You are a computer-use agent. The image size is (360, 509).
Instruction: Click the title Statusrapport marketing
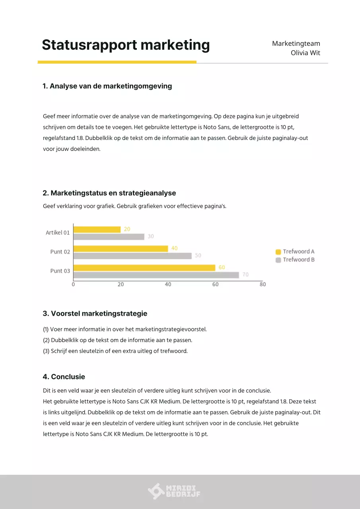[x=126, y=45]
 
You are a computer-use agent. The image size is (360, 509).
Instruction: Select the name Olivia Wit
[x=305, y=53]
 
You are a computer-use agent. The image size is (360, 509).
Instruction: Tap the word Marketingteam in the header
[x=296, y=43]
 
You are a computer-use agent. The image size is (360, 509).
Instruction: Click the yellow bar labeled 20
[x=97, y=229]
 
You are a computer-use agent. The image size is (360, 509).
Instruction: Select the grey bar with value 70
[x=156, y=275]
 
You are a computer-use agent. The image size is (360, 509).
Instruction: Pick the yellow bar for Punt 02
[x=121, y=249]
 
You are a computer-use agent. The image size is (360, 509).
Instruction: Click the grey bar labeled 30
[x=109, y=237]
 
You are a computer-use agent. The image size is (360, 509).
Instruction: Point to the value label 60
[x=222, y=267]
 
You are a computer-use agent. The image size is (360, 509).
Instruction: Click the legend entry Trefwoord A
[x=295, y=251]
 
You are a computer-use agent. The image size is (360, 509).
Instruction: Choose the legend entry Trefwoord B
[x=295, y=260]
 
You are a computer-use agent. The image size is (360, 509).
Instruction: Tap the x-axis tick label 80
[x=263, y=285]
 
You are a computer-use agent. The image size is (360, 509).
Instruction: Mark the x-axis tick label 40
[x=168, y=285]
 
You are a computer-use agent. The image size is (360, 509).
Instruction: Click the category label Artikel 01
[x=58, y=233]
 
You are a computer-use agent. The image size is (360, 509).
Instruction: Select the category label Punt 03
[x=60, y=271]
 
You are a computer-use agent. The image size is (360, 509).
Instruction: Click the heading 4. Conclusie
[x=64, y=377]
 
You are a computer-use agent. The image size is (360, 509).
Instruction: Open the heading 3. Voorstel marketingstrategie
[x=95, y=313]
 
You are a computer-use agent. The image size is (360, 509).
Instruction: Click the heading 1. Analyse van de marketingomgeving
[x=107, y=86]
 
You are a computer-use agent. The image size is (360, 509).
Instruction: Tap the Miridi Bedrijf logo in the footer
[x=174, y=492]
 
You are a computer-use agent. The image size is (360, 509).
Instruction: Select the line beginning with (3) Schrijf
[x=115, y=351]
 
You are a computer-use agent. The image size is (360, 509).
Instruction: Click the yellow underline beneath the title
[x=117, y=62]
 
